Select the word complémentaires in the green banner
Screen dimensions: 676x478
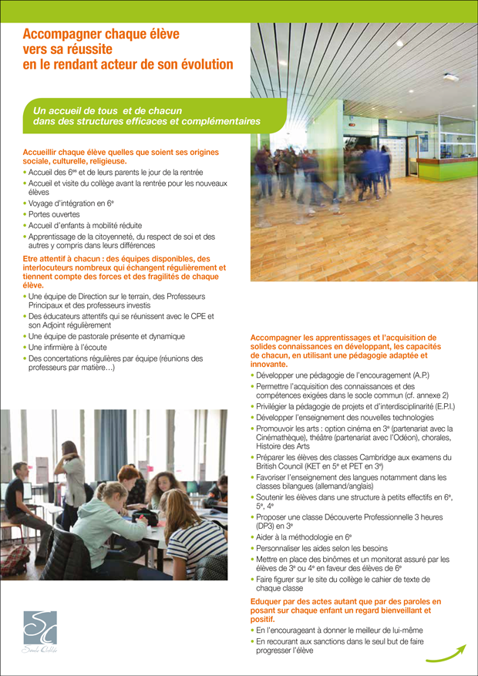(218, 121)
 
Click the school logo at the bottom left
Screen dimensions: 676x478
(39, 630)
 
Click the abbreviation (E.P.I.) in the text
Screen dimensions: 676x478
(439, 406)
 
